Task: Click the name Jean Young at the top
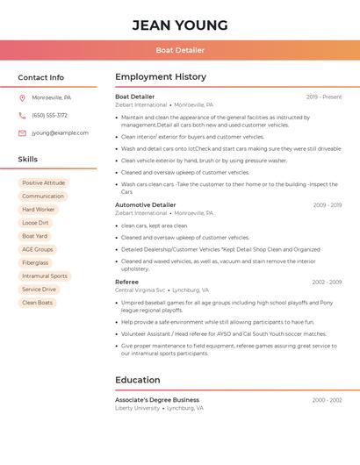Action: coord(180,25)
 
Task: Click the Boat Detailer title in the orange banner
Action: coord(180,50)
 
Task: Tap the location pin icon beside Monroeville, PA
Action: coord(22,97)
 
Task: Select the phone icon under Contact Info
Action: coord(22,115)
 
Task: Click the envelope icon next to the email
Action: coord(22,133)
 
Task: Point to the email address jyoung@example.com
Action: coord(60,133)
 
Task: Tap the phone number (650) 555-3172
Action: coord(49,115)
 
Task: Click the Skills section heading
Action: coord(28,159)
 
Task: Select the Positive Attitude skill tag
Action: coord(43,183)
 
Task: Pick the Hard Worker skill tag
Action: coord(39,210)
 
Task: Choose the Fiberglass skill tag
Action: coord(35,262)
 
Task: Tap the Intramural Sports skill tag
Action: coord(45,275)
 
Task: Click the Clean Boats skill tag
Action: coord(38,303)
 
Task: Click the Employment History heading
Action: coord(161,77)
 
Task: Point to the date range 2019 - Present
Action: coord(324,97)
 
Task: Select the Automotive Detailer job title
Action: coord(146,204)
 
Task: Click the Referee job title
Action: coord(126,282)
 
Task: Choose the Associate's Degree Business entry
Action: coord(157,399)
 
